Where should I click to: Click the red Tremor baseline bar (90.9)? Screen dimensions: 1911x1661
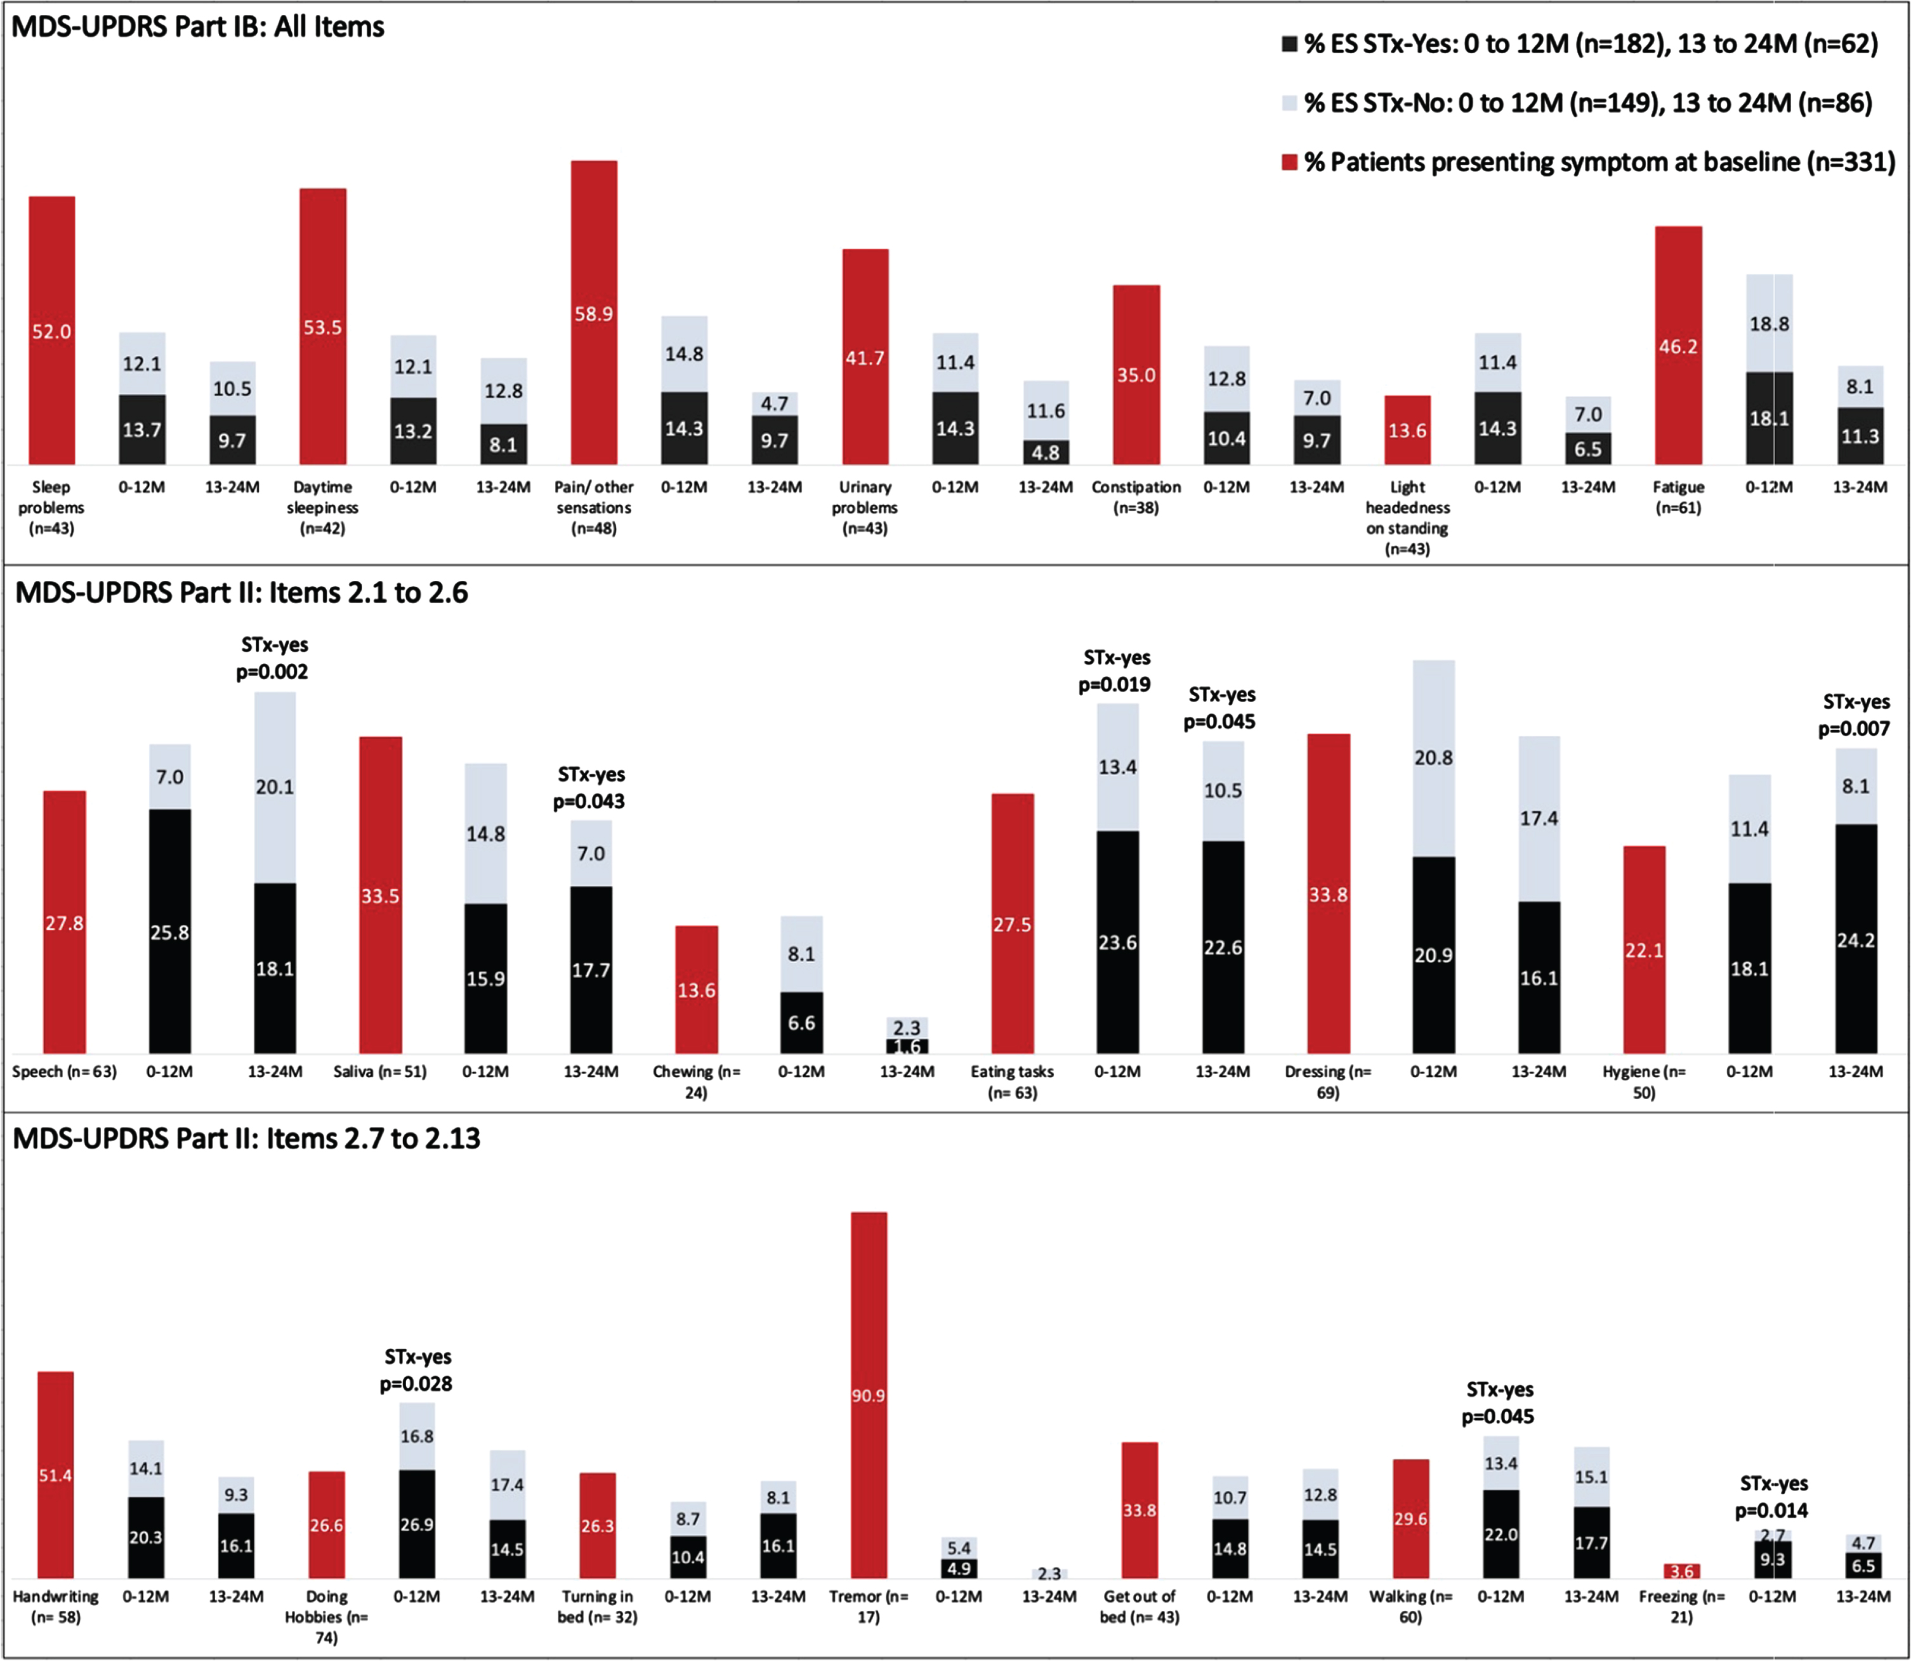click(869, 1395)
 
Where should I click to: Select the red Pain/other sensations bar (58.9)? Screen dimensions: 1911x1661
click(593, 313)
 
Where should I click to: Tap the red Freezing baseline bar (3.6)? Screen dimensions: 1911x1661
click(1681, 1571)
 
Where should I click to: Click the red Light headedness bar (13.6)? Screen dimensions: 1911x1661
click(1407, 430)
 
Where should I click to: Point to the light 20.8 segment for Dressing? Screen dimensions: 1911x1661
click(1433, 759)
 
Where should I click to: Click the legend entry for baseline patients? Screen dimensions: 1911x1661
click(1587, 162)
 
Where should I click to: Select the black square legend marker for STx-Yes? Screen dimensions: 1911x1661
click(1289, 44)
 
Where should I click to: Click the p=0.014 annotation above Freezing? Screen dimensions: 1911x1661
click(1771, 1511)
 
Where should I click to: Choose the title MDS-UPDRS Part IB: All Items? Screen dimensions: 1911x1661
click(197, 27)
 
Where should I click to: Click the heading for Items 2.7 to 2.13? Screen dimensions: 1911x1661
click(247, 1138)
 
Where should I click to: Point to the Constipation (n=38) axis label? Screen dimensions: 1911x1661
click(1136, 497)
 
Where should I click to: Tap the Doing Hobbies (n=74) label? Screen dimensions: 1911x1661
click(326, 1617)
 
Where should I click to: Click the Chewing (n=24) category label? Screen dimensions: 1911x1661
click(697, 1082)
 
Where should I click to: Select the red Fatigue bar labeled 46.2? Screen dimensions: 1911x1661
click(1678, 345)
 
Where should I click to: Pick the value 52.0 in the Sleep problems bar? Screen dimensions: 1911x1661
click(52, 332)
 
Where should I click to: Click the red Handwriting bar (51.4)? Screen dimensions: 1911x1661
click(56, 1475)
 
